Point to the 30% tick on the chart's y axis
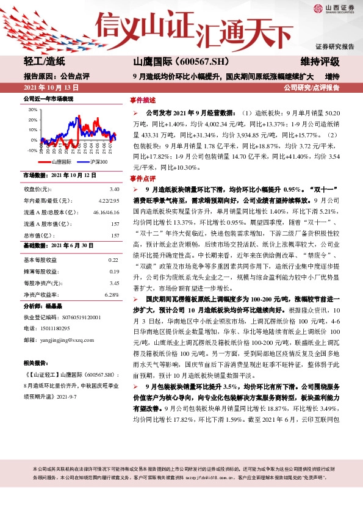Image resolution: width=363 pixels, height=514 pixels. (x=32, y=110)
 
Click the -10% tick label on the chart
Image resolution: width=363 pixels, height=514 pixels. (x=32, y=150)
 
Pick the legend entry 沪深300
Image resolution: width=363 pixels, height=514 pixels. (x=98, y=162)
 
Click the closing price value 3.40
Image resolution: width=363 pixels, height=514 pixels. (x=114, y=189)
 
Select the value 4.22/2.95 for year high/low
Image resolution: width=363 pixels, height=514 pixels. (x=108, y=201)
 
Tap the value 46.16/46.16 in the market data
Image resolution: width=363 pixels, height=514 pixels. (x=106, y=212)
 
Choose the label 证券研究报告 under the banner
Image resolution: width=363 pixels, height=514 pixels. (x=334, y=47)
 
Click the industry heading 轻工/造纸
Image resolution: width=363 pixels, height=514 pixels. (x=43, y=62)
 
